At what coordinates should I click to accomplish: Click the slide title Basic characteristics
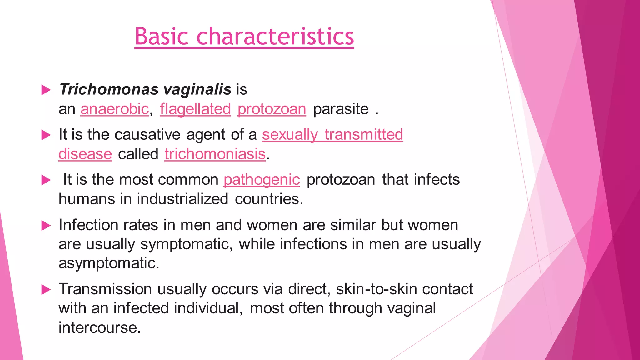click(244, 37)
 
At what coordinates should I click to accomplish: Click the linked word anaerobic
click(115, 109)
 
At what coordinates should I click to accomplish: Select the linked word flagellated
click(195, 109)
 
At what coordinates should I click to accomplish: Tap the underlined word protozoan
click(272, 109)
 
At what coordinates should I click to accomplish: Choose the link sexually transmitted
click(332, 134)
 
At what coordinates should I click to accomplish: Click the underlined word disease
click(85, 154)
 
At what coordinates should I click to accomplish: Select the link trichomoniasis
click(215, 154)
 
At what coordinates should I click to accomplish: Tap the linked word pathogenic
click(262, 180)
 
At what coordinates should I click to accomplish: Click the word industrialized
click(182, 199)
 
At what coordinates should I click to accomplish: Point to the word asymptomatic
click(108, 263)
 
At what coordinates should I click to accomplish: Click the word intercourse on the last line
click(99, 327)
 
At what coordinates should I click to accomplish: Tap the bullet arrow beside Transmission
click(46, 290)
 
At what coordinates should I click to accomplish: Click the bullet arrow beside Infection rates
click(46, 226)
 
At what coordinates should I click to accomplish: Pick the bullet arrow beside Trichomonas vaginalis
click(46, 90)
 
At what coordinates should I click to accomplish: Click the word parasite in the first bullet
click(341, 109)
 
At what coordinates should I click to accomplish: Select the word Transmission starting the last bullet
click(105, 289)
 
